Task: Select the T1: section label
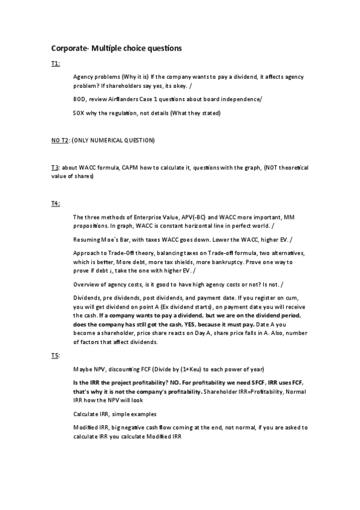coord(55,63)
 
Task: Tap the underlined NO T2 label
coord(60,140)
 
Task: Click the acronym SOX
coord(79,113)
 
